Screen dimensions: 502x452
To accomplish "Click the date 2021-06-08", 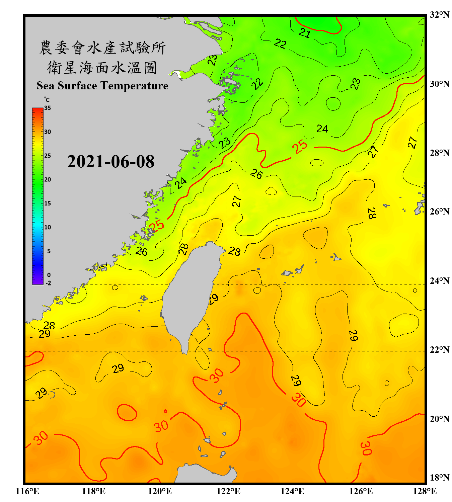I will pos(110,162).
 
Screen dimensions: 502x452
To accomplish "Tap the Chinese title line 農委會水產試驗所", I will pos(102,48).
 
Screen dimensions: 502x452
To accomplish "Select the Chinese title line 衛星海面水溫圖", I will pos(102,68).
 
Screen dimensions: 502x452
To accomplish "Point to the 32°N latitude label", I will pos(439,14).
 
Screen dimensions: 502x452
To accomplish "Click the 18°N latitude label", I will pos(439,477).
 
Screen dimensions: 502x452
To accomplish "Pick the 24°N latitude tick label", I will pos(439,280).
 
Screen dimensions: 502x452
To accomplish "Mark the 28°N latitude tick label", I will pos(439,153).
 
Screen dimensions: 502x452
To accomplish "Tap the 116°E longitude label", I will pos(27,491).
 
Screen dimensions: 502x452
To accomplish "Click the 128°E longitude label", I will pos(425,491).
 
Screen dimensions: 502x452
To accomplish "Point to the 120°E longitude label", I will pos(160,491).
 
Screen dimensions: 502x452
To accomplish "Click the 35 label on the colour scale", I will pos(48,108).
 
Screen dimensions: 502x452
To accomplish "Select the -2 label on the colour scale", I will pos(48,283).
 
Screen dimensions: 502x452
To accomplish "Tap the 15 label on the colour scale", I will pos(48,203).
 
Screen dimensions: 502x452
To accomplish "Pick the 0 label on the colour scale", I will pos(49,275).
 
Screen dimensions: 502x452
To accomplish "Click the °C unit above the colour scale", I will pos(47,100).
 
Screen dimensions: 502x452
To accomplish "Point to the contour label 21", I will pos(304,33).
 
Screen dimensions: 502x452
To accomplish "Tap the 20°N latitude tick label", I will pos(439,418).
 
